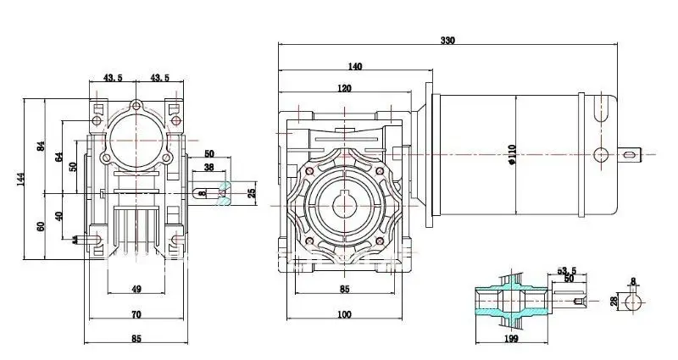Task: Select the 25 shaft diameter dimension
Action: [x=252, y=193]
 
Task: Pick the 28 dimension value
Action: [x=614, y=302]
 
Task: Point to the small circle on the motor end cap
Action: [x=602, y=153]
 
